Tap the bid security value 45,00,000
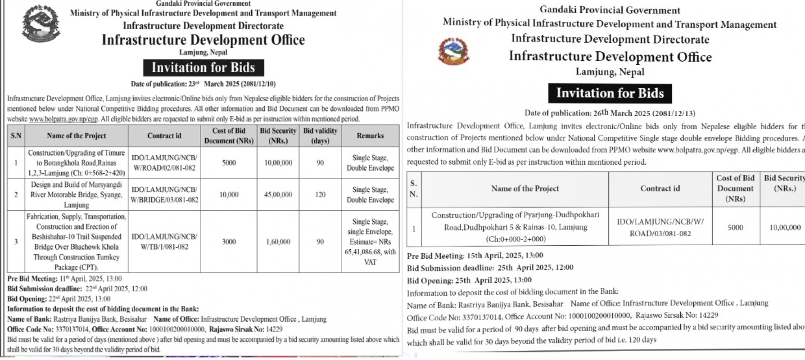pos(278,195)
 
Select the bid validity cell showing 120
pos(320,195)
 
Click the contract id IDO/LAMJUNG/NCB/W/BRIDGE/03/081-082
pos(164,195)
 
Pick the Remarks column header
pos(370,136)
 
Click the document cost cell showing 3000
pos(229,242)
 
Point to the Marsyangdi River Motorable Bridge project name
pos(77,195)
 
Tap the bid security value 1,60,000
pos(278,242)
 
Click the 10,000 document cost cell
pos(229,195)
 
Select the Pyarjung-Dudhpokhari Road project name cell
pos(515,227)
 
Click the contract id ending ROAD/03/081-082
pos(660,227)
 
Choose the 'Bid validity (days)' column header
pos(320,136)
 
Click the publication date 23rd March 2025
pos(203,84)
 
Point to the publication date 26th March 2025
pos(610,113)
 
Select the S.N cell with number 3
pos(16,242)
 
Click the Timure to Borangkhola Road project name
pos(77,163)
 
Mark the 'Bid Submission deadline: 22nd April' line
pos(77,289)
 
